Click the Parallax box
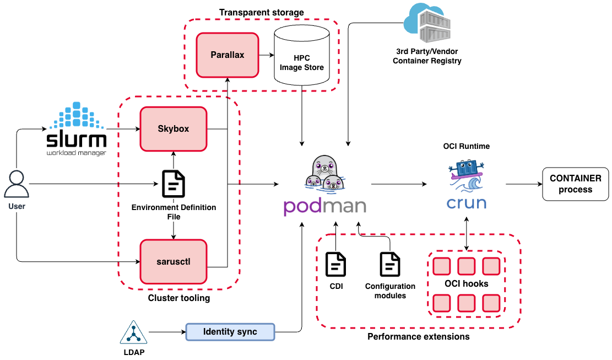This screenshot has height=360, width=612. click(x=228, y=55)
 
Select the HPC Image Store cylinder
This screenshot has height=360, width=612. click(x=302, y=58)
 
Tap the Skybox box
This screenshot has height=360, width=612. click(x=174, y=129)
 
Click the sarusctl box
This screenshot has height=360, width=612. click(x=174, y=261)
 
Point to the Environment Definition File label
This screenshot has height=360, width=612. click(x=174, y=212)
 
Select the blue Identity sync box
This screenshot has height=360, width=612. click(x=230, y=332)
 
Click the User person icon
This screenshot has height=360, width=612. click(x=17, y=185)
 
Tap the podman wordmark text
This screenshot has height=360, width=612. click(x=324, y=206)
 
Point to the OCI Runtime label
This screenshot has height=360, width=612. click(x=467, y=146)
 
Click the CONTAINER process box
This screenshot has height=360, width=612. click(x=575, y=184)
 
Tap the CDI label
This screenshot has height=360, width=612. click(x=336, y=287)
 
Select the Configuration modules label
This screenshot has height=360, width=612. click(x=390, y=291)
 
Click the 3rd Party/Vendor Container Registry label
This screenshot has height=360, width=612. click(x=427, y=56)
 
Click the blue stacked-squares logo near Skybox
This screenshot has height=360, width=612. click(x=77, y=116)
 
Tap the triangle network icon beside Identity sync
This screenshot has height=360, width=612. click(x=133, y=332)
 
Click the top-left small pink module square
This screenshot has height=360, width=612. click(x=441, y=266)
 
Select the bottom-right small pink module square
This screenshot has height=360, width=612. click(x=491, y=303)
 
